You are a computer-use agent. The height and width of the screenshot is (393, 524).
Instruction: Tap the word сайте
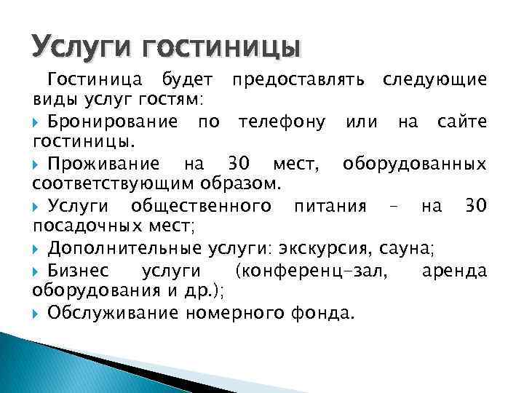click(x=461, y=121)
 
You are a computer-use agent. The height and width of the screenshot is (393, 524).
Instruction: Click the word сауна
click(x=407, y=249)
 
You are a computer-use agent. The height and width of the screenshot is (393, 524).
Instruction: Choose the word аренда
click(x=454, y=271)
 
